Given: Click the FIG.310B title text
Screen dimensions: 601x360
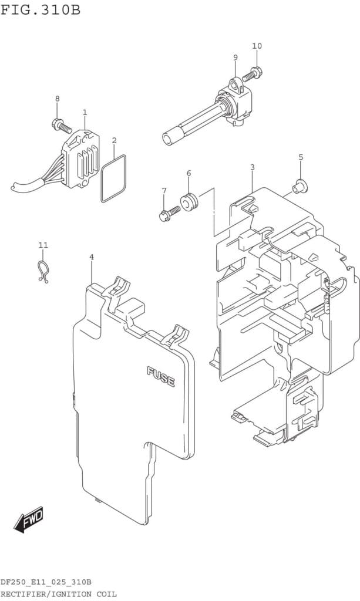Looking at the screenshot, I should click(x=41, y=10).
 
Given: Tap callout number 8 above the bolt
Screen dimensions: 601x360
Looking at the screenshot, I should click(x=57, y=99).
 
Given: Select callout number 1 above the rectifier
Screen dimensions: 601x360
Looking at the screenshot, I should click(x=85, y=112).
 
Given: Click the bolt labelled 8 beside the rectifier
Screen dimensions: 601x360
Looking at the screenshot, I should click(x=60, y=125).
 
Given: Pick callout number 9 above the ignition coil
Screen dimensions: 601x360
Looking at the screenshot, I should click(x=235, y=58).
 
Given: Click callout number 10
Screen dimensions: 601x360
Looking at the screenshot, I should click(x=257, y=46).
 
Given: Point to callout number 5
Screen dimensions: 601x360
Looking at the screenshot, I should click(x=301, y=157).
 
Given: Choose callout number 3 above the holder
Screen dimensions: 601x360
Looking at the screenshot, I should click(x=252, y=167).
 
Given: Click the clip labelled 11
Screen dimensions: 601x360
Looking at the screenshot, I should click(x=42, y=271).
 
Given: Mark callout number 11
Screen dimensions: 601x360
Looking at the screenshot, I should click(x=43, y=245).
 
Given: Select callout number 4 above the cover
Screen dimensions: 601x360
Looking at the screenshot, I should click(x=92, y=257).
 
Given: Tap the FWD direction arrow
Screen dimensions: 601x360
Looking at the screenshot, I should click(x=29, y=519).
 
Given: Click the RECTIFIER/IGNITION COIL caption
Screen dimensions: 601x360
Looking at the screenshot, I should click(x=59, y=594).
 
